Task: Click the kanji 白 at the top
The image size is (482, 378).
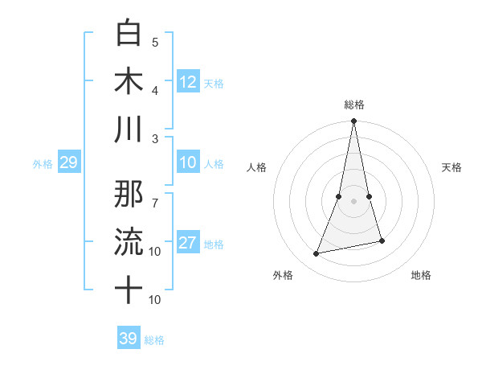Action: (x=129, y=33)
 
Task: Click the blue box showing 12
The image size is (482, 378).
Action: (x=188, y=81)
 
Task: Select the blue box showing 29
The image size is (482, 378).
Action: (x=68, y=163)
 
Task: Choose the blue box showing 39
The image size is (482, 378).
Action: (x=129, y=339)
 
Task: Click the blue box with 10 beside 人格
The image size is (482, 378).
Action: (x=188, y=163)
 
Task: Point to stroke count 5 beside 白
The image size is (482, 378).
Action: (x=155, y=42)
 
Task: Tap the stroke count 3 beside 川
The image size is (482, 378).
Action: (x=155, y=138)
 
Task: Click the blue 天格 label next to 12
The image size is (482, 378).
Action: (x=214, y=84)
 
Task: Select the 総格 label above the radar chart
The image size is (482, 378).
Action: (x=353, y=105)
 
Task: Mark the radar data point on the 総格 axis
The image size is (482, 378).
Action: (x=353, y=121)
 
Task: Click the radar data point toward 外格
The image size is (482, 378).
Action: (x=317, y=254)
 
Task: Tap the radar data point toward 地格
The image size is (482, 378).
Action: (x=382, y=240)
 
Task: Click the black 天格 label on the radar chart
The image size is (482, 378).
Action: (x=452, y=167)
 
